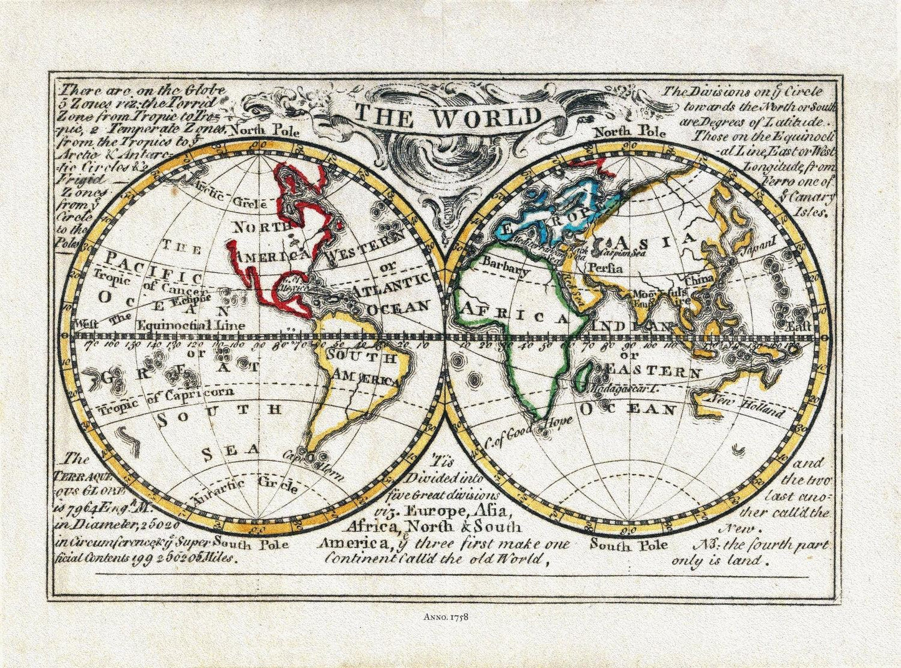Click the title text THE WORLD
pyautogui.click(x=448, y=117)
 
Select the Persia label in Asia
pyautogui.click(x=604, y=269)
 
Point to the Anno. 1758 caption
pyautogui.click(x=450, y=617)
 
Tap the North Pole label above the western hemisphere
pyautogui.click(x=263, y=131)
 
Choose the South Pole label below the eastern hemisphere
pyautogui.click(x=629, y=545)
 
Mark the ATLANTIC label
pyautogui.click(x=391, y=286)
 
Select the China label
pyautogui.click(x=699, y=279)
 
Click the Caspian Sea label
pyautogui.click(x=616, y=253)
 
